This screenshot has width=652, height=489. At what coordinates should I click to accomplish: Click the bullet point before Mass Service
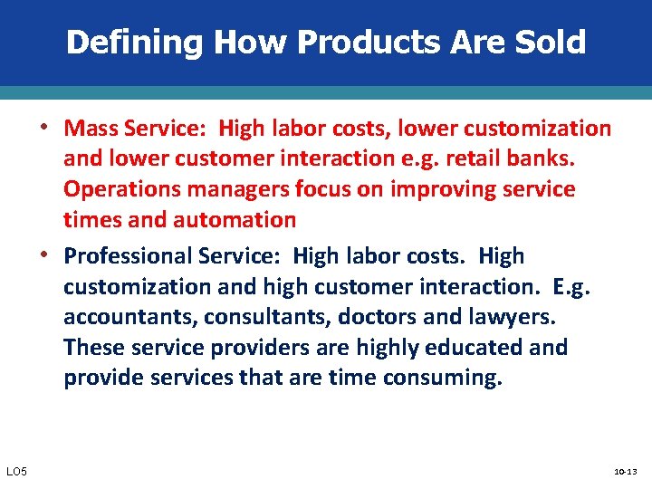[53, 127]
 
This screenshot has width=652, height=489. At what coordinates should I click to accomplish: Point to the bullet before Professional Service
[53, 255]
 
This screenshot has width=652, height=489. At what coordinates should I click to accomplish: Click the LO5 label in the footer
[16, 471]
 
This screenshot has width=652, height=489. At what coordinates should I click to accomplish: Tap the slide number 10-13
[627, 472]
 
